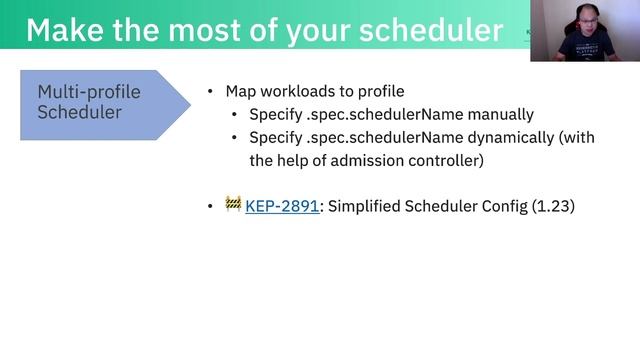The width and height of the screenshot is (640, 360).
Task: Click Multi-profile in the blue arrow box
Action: coord(89,92)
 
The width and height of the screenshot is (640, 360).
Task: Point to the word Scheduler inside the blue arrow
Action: coord(80,112)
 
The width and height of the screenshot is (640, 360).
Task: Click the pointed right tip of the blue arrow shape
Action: coord(189,104)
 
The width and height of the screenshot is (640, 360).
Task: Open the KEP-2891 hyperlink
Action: coord(282,206)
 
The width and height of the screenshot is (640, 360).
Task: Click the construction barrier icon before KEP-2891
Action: coord(233,204)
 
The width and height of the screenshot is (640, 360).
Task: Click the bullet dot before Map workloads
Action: coord(210,91)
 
